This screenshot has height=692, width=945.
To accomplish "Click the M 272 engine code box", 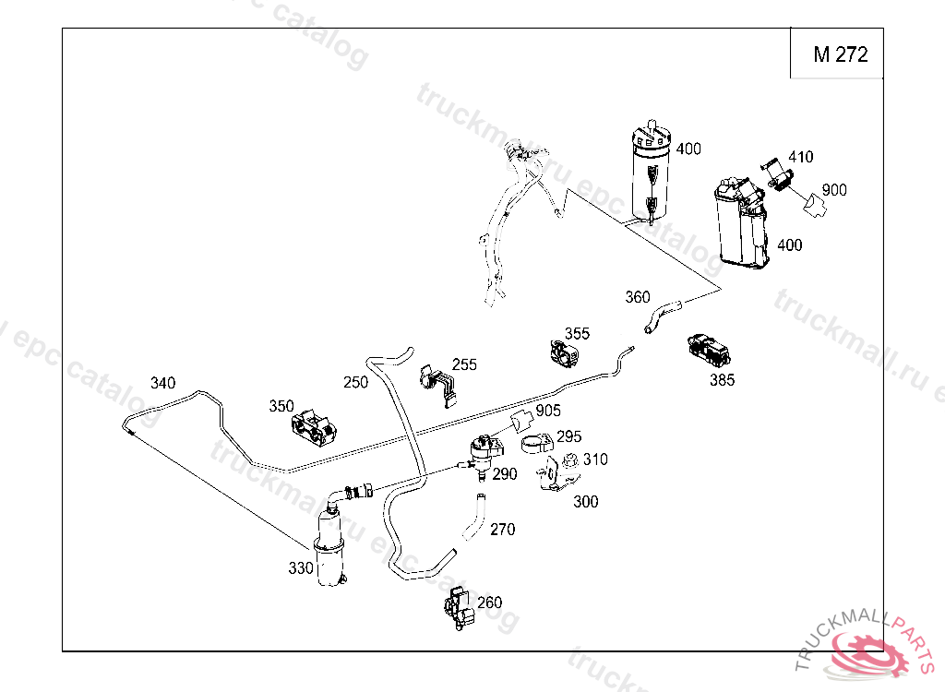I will [x=840, y=54].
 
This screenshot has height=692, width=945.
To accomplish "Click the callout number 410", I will [x=800, y=157].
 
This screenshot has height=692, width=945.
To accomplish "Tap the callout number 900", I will [x=833, y=190].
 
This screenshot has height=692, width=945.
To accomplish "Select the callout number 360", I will [x=637, y=297].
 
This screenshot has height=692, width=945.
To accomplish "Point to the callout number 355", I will [x=577, y=333].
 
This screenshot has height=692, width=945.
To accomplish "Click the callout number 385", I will [x=722, y=379].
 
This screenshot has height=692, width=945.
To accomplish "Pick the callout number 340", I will [x=162, y=383].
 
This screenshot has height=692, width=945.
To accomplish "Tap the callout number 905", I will [x=548, y=411].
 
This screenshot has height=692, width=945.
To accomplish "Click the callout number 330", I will [x=301, y=568].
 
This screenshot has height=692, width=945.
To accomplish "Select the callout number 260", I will [x=489, y=603].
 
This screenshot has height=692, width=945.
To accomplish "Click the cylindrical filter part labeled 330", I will [x=329, y=549].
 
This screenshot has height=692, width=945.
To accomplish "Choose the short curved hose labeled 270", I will [x=473, y=517].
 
